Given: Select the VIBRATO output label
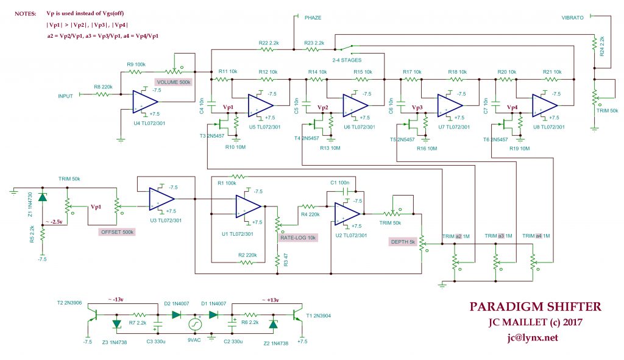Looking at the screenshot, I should pyautogui.click(x=573, y=18).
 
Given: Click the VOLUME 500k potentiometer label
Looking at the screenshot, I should pyautogui.click(x=174, y=82).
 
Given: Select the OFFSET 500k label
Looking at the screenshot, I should pyautogui.click(x=116, y=231).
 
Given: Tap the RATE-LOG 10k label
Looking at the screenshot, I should pyautogui.click(x=298, y=238).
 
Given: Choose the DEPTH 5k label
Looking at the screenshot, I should pyautogui.click(x=403, y=242).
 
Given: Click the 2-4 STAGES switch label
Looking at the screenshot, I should pyautogui.click(x=347, y=60).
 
